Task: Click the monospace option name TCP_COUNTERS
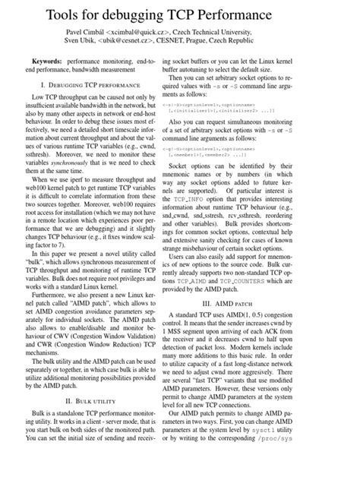tap(276, 258)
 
